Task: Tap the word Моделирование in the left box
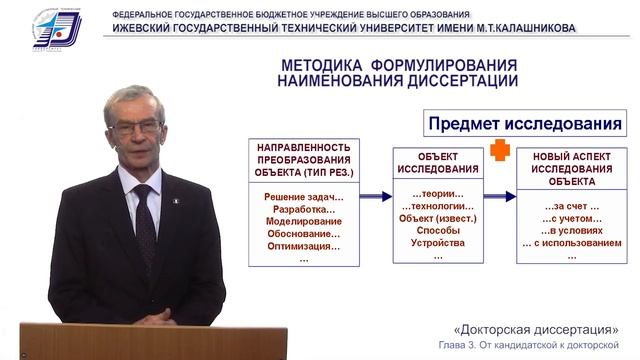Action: pos(304,221)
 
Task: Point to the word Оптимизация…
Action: pos(304,245)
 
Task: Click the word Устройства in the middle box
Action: pos(438,243)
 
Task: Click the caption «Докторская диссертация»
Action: pos(535,329)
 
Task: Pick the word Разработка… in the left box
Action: pos(304,209)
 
